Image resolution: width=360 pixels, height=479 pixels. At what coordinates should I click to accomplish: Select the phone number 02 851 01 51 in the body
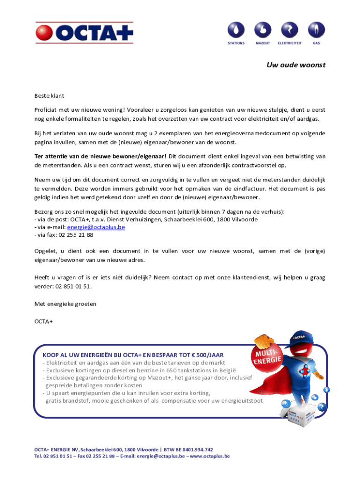73,286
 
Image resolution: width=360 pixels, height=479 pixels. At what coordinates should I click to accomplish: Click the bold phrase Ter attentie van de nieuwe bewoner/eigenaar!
101,156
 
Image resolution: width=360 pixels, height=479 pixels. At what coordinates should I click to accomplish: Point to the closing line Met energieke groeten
65,304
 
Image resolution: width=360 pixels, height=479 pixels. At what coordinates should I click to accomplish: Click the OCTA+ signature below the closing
44,321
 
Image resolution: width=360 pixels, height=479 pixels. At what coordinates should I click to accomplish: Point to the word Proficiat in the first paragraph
47,109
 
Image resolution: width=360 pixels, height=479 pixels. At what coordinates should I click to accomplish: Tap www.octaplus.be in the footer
210,456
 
